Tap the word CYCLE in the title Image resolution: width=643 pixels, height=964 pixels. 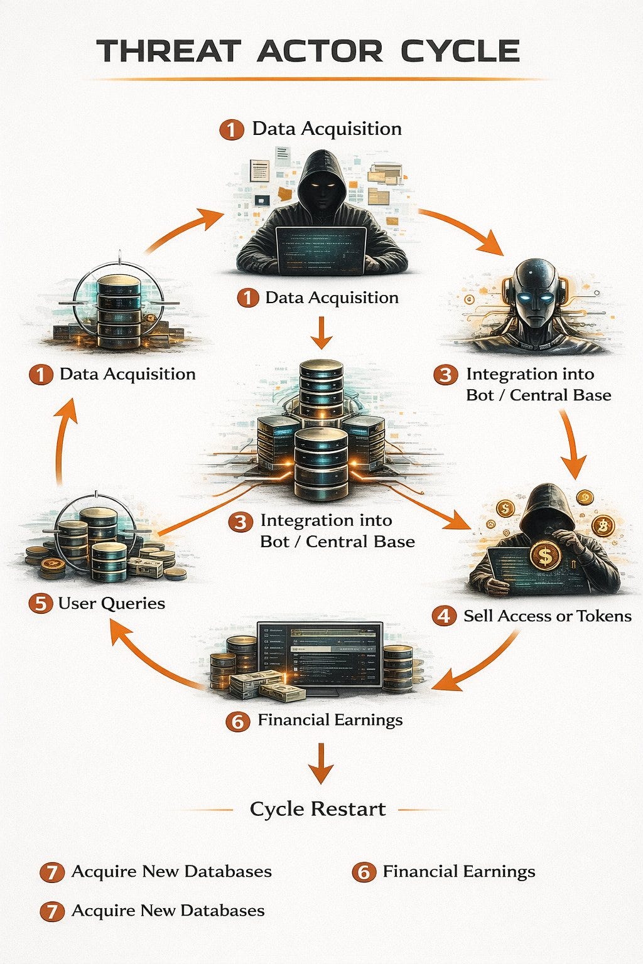[460, 51]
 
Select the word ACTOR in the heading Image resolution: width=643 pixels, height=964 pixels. [320, 51]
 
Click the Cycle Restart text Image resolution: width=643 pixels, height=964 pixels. [317, 809]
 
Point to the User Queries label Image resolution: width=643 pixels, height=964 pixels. [112, 603]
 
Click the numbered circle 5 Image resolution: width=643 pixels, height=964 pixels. [40, 603]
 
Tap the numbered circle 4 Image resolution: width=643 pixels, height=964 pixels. [444, 616]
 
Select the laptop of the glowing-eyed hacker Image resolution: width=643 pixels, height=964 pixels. [321, 250]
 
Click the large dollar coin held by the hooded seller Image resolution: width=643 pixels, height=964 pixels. [545, 556]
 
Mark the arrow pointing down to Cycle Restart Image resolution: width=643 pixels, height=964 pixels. [321, 763]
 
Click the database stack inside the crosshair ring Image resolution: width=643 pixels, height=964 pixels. [119, 311]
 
